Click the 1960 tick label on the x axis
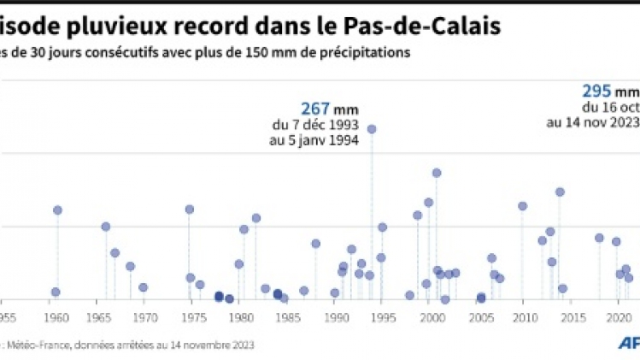tap(56, 316)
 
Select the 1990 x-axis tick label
tap(338, 316)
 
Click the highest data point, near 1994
tap(372, 129)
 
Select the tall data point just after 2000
tap(437, 173)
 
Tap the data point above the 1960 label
tap(58, 210)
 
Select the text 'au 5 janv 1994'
tap(313, 140)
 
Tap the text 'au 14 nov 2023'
tap(593, 122)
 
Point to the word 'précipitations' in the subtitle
tap(367, 52)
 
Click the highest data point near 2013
tap(560, 192)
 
